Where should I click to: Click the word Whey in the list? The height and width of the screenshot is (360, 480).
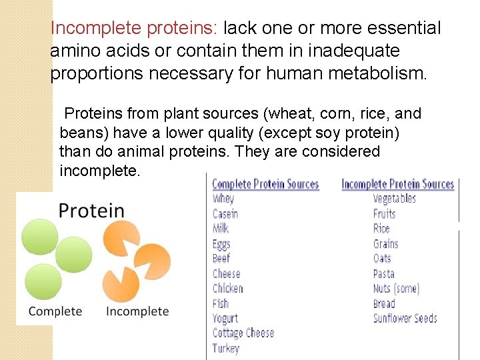tap(223, 199)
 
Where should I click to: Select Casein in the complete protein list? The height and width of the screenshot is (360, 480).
tap(225, 214)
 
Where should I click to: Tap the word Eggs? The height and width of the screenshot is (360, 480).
tap(221, 244)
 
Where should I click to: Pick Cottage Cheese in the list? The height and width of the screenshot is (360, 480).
tap(243, 333)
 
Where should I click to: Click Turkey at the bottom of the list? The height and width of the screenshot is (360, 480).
tap(225, 348)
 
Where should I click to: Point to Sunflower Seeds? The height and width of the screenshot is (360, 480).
tap(405, 318)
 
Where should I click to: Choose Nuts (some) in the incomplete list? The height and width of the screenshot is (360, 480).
tap(395, 289)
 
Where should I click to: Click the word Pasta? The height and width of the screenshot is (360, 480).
tap(384, 273)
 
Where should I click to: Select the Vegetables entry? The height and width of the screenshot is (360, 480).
tap(394, 199)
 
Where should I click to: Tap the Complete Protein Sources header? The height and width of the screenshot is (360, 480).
tap(265, 184)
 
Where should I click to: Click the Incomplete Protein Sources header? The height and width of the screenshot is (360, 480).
tap(397, 184)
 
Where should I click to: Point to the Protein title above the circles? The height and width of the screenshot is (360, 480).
tap(91, 211)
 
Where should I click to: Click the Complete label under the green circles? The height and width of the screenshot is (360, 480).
tap(55, 311)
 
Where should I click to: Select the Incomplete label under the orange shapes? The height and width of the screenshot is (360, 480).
tap(137, 311)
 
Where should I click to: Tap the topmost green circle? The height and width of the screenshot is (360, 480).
tap(40, 237)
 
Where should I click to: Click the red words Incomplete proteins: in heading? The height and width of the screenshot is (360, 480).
tap(134, 29)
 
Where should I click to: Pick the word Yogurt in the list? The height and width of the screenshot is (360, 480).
tap(225, 318)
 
